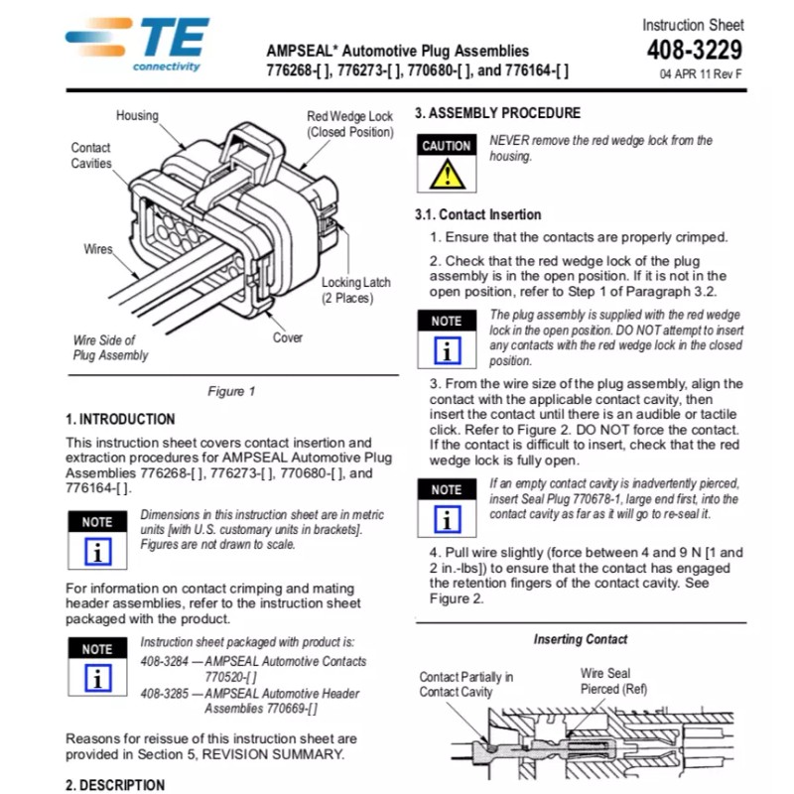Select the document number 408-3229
tap(694, 50)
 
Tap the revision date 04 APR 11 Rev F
tap(701, 74)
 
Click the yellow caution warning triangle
tap(447, 175)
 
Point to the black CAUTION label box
tap(447, 146)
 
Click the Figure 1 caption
tap(231, 391)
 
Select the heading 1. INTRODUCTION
tap(120, 419)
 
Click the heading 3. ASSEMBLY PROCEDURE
tap(497, 113)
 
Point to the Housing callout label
tap(137, 115)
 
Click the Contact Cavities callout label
tap(91, 156)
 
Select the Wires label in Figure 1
tap(98, 249)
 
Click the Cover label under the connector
tap(288, 337)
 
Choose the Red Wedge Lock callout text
tap(349, 124)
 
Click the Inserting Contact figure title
tap(581, 639)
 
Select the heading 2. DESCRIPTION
tap(115, 785)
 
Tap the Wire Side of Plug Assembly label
tap(110, 347)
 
